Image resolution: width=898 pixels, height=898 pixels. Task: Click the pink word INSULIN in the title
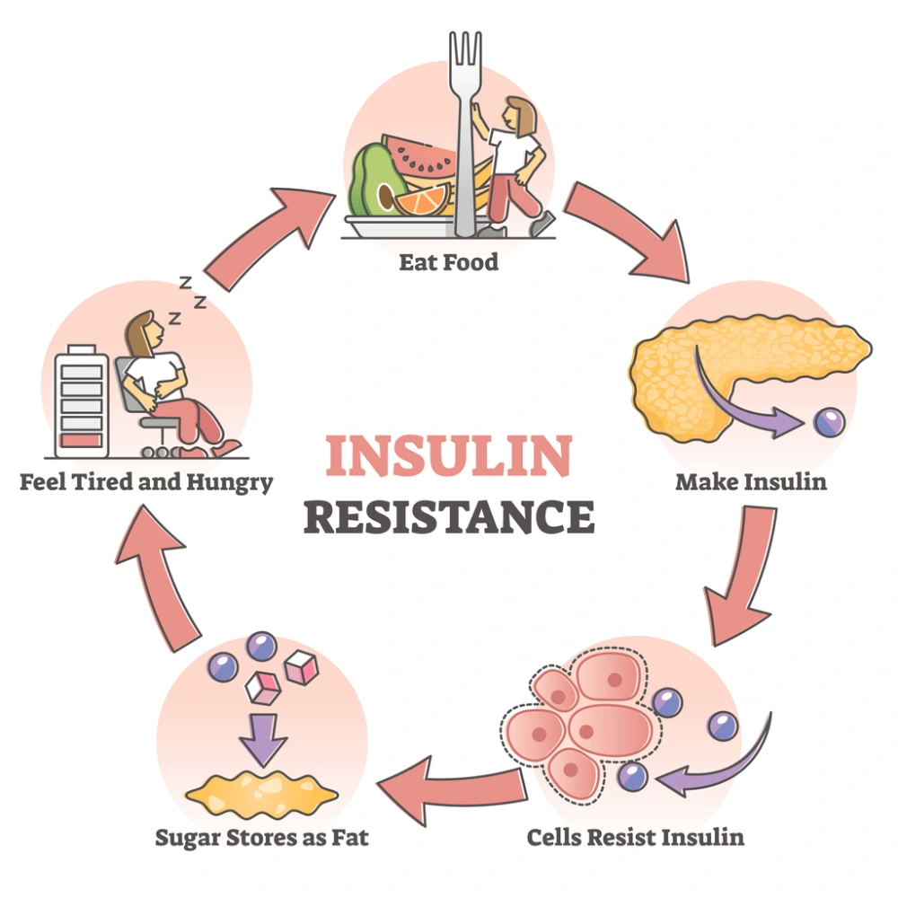tap(448, 456)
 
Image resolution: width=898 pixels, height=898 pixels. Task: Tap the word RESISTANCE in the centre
tap(448, 518)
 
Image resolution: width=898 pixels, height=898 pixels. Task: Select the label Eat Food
tap(449, 264)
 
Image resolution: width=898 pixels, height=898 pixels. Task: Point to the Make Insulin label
tap(751, 482)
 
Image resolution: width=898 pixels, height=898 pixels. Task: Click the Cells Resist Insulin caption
tap(635, 838)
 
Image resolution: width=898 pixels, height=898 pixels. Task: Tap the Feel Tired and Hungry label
tap(146, 482)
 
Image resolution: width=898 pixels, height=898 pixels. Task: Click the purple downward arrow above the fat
tap(263, 737)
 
